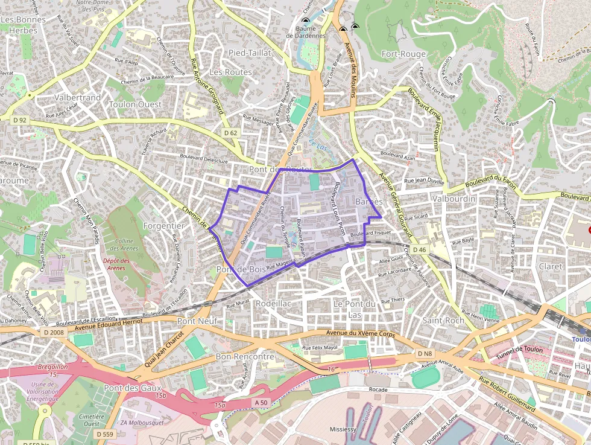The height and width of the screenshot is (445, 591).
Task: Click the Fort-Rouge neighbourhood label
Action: (x=403, y=54)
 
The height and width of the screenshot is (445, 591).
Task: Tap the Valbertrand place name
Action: (x=77, y=97)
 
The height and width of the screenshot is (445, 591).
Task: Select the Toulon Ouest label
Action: (x=135, y=104)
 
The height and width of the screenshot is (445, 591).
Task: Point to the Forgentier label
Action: (x=164, y=225)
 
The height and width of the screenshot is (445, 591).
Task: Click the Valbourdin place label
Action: (x=454, y=199)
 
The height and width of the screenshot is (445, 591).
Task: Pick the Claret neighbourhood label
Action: (x=550, y=266)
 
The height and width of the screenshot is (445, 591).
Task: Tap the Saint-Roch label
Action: (x=443, y=320)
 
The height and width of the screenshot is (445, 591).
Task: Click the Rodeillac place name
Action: (x=274, y=303)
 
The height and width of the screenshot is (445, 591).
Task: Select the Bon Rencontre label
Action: (x=245, y=357)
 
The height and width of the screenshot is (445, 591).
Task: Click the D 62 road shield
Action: (x=230, y=132)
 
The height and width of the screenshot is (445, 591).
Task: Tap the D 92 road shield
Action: (x=20, y=120)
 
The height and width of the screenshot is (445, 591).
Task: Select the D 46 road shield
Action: (x=420, y=249)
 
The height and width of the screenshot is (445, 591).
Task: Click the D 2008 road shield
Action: (x=54, y=333)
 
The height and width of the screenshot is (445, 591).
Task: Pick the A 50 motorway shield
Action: (x=261, y=402)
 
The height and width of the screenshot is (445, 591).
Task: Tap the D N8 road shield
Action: (x=425, y=353)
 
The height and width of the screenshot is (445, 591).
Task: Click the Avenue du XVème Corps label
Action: (x=359, y=333)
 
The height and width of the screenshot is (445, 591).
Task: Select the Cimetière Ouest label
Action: (x=92, y=420)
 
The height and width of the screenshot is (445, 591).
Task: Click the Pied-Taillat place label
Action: (x=250, y=53)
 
